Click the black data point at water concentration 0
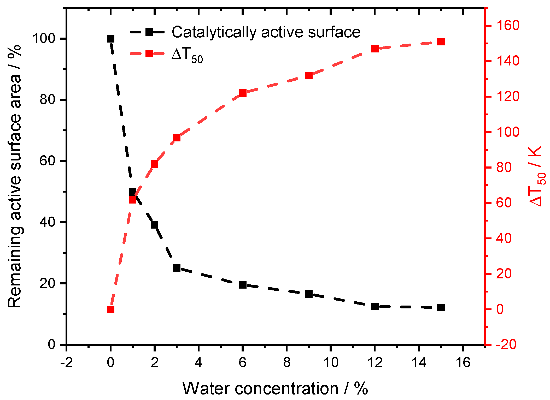110,39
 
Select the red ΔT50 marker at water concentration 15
441,42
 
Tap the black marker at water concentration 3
177,268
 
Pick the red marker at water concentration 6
243,93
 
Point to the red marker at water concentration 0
110,309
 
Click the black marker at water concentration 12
375,307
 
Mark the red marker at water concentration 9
309,76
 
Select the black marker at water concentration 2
154,225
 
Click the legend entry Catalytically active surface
266,32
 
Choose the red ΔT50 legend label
187,55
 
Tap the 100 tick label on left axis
44,39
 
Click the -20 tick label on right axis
506,344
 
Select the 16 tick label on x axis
463,363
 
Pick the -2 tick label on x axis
66,363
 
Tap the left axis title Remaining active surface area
15,176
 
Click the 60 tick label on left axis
47,161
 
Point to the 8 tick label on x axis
286,363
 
